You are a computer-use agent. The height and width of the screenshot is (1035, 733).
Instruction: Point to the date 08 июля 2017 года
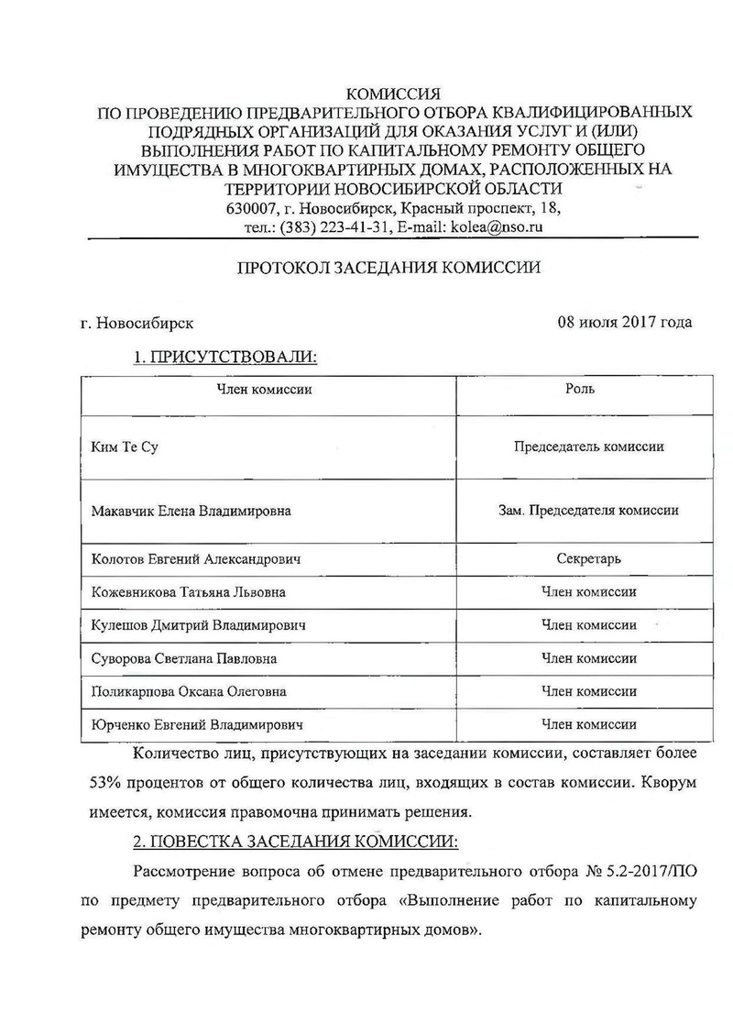[x=624, y=322]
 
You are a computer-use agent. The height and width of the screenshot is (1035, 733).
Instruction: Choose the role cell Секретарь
[x=588, y=558]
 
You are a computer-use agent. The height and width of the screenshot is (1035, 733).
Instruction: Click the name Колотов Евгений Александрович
[x=196, y=558]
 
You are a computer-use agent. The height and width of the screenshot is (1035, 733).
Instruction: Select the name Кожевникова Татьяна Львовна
[x=189, y=591]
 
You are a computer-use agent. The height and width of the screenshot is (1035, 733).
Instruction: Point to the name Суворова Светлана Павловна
[x=184, y=658]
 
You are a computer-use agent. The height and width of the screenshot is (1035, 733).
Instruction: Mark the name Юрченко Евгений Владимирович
[x=197, y=724]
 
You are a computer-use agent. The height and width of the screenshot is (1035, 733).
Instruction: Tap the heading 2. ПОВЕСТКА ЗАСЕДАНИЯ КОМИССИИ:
[x=295, y=842]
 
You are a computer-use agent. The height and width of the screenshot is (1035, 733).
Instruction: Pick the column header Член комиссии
[x=264, y=390]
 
